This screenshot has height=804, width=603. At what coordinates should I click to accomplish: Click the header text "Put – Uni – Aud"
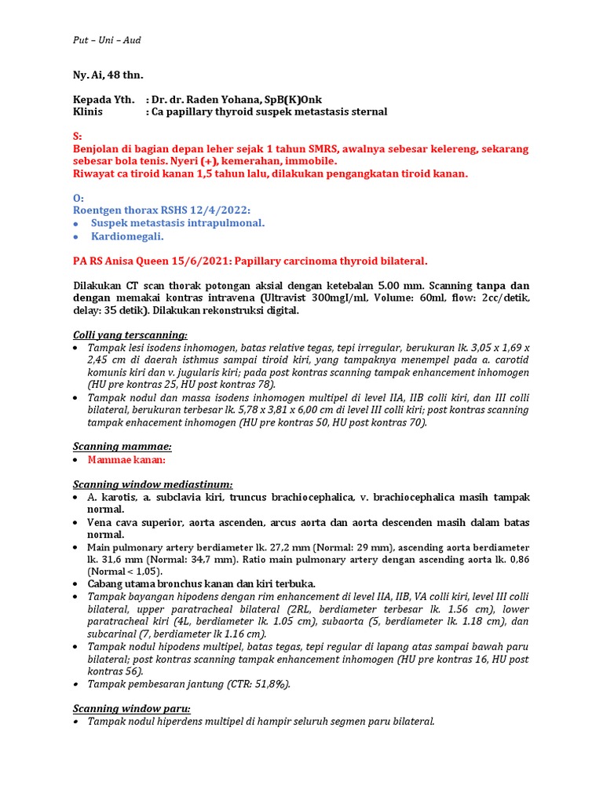107,40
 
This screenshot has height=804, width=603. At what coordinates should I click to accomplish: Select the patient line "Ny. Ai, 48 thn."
108,75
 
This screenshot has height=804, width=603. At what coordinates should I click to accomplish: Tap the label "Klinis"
89,111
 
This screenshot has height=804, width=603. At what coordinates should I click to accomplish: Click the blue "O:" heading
78,198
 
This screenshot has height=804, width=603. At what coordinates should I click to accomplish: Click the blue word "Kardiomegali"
127,236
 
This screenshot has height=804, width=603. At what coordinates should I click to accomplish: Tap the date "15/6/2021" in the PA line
199,261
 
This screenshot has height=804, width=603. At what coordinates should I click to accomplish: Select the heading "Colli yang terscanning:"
130,334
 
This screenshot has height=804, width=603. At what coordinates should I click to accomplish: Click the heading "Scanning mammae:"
122,446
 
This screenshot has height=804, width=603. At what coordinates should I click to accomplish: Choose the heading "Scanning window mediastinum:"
152,484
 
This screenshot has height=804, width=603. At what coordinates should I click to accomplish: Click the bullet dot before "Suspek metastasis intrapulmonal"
75,224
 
